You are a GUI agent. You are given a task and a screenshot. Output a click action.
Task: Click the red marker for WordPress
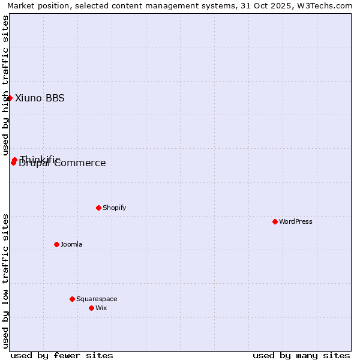(275, 221)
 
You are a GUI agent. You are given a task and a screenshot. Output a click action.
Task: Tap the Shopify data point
(98, 208)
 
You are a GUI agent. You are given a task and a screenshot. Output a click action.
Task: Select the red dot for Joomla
(56, 244)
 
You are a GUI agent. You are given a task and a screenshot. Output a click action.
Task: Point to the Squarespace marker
(72, 299)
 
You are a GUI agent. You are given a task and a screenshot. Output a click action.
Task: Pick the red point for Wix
(91, 308)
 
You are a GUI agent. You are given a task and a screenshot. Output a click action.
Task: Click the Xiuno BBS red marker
(10, 98)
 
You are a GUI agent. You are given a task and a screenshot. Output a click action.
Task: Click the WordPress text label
(296, 221)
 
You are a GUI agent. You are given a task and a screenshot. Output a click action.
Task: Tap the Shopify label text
(114, 208)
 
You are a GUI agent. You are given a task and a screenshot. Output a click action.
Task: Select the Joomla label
(71, 244)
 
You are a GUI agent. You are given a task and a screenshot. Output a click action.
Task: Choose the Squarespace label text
(97, 299)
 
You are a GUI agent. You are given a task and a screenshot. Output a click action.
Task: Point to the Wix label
(101, 308)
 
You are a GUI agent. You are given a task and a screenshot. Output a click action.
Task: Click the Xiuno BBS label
(40, 98)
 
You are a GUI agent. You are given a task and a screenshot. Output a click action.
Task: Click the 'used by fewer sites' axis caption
(62, 355)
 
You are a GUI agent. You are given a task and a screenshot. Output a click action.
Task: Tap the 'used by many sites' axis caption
(301, 355)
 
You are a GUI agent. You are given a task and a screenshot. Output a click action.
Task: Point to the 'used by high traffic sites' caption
(5, 84)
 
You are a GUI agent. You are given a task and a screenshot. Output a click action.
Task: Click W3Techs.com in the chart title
(327, 5)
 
